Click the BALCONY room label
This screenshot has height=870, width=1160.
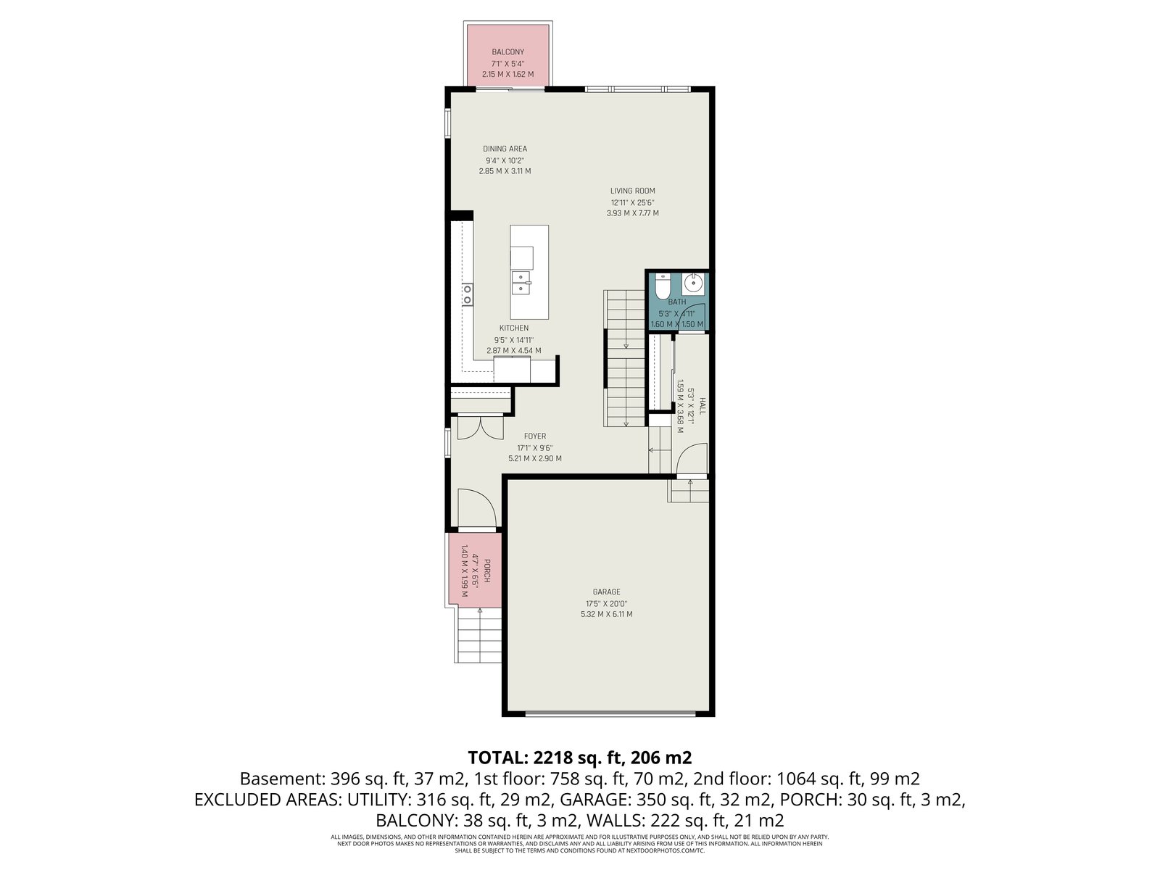click(x=507, y=51)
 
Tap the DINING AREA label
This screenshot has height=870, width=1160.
click(x=505, y=149)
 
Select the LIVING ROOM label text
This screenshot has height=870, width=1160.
click(x=632, y=191)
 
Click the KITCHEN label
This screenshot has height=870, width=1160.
click(x=514, y=328)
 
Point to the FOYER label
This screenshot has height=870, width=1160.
click(x=535, y=436)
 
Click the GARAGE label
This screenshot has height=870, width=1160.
click(x=606, y=592)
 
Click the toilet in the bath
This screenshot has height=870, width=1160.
click(x=661, y=287)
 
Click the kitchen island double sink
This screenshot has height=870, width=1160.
click(x=521, y=282)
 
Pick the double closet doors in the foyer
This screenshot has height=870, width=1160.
click(x=481, y=428)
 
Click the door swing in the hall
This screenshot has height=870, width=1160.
click(x=692, y=458)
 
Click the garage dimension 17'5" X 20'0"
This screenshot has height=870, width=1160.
click(x=606, y=603)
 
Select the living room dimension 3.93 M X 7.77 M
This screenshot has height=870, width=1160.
click(x=632, y=213)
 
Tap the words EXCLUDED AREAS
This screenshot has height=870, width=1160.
click(x=267, y=800)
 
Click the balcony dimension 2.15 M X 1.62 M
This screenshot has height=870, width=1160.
click(x=507, y=75)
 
